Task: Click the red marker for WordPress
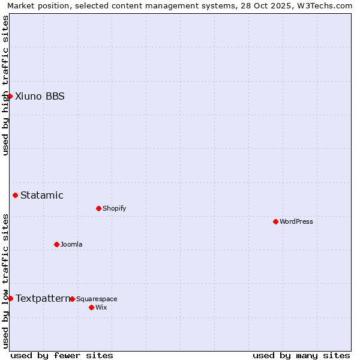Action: pos(275,221)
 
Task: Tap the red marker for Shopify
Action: pos(98,208)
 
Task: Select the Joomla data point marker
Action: pos(56,244)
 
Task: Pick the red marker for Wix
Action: pos(91,307)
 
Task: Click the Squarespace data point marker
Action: pos(72,299)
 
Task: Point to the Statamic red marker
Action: pos(15,195)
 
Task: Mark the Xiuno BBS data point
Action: pos(10,96)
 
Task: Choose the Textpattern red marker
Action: pos(10,298)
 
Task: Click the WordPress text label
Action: pos(296,221)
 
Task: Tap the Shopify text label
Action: pos(114,208)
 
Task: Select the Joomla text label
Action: pos(71,244)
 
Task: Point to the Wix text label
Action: pos(101,307)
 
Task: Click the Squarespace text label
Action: pos(97,299)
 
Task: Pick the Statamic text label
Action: pos(42,195)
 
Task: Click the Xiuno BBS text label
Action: pos(40,96)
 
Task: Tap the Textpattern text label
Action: pos(43,298)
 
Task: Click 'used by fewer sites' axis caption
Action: pos(62,355)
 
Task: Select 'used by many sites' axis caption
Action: pos(301,355)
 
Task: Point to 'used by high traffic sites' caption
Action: pos(5,85)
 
